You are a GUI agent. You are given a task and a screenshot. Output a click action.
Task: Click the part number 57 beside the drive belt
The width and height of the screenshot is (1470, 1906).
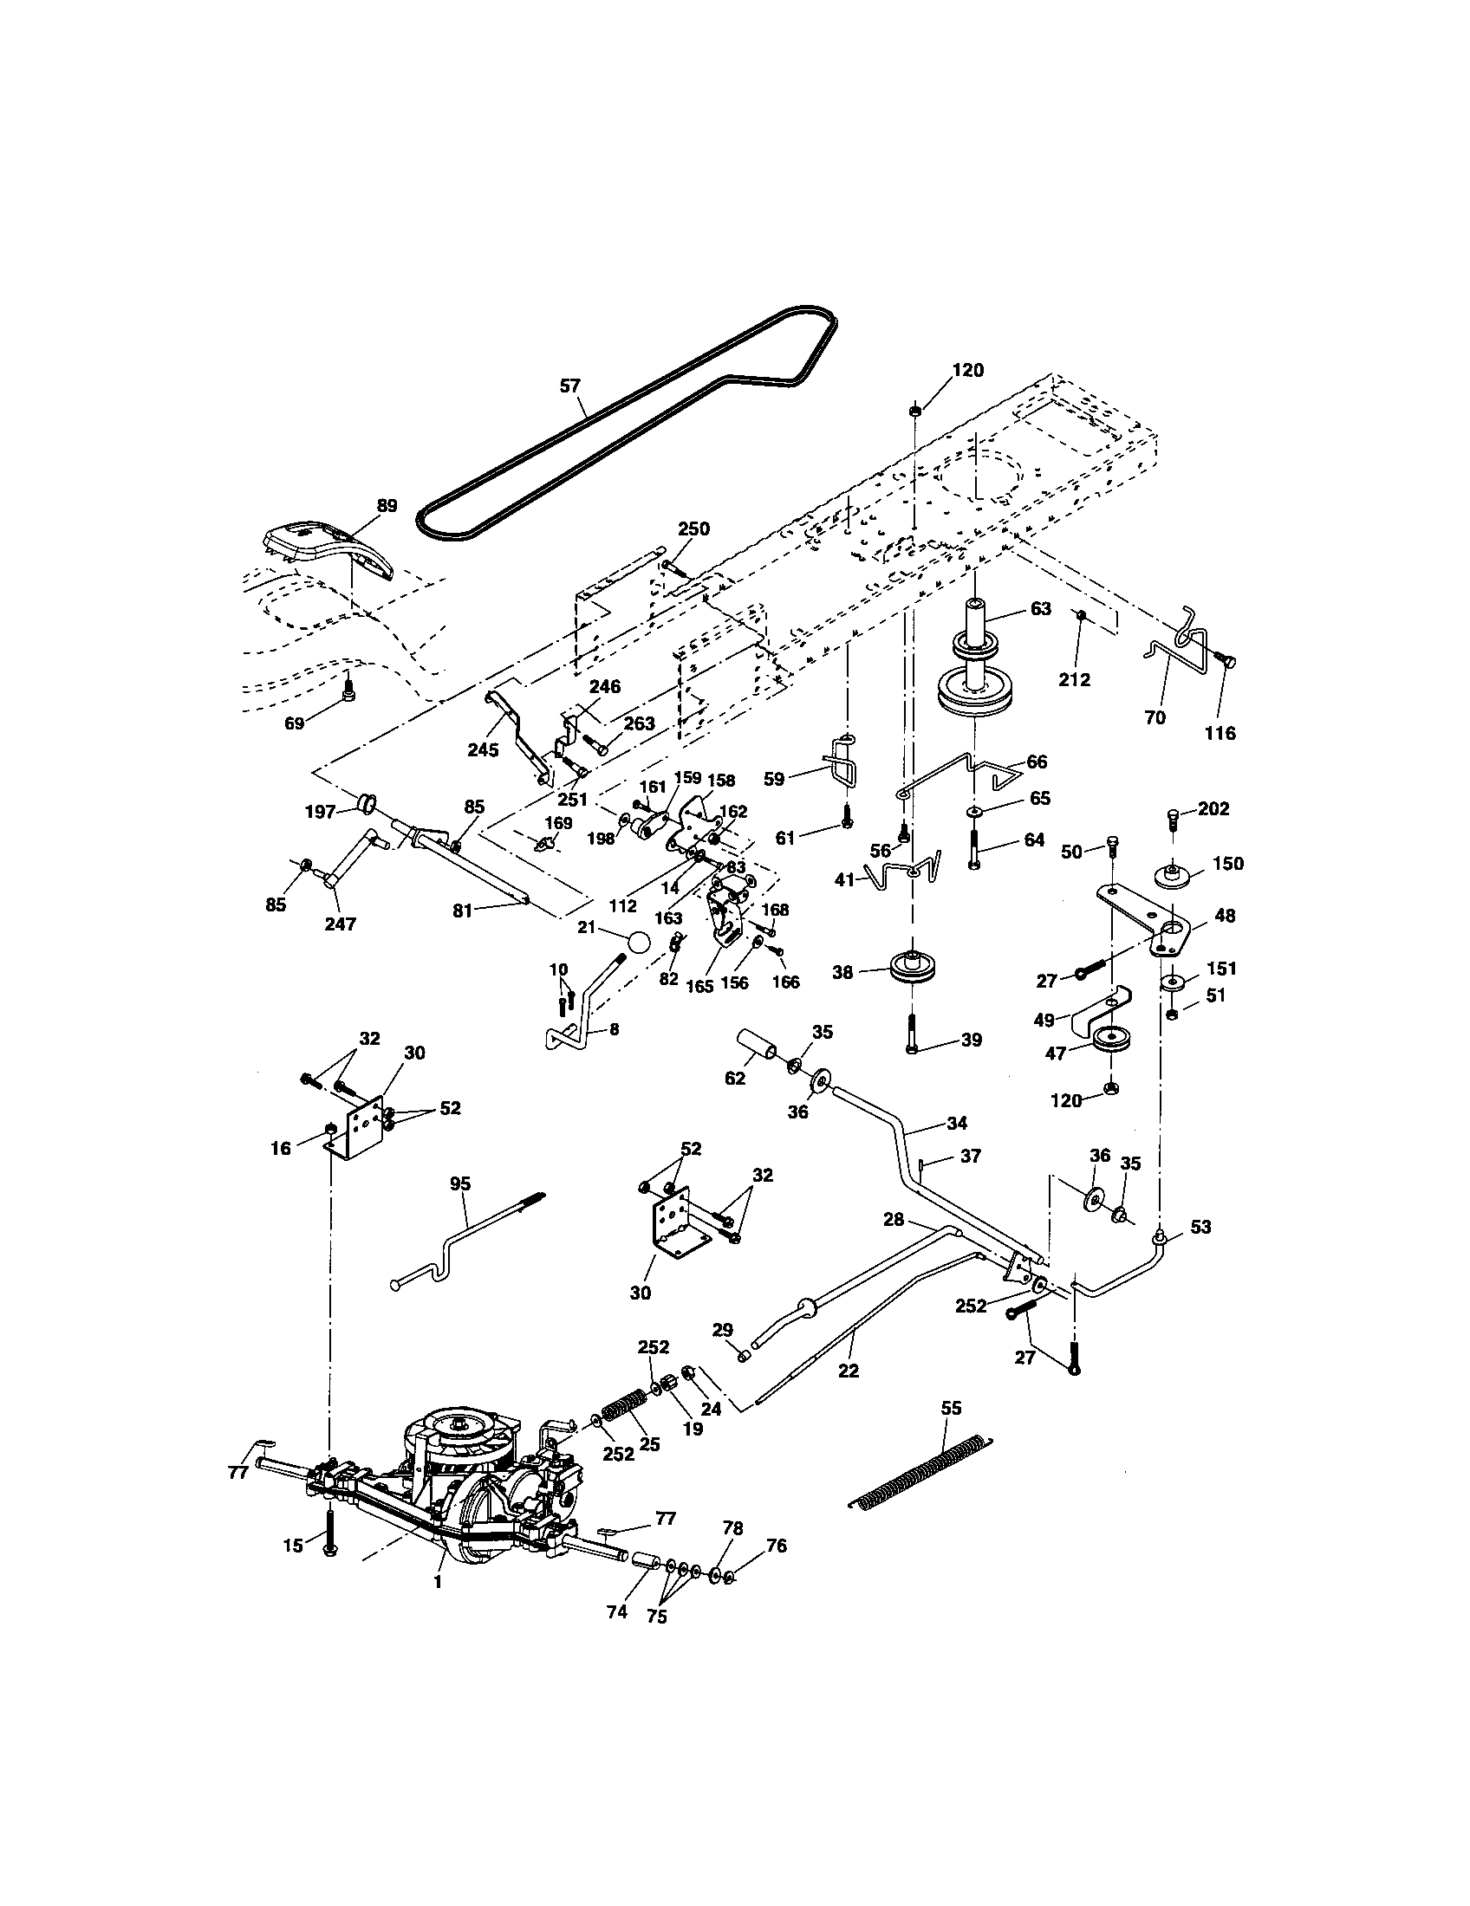[x=570, y=386]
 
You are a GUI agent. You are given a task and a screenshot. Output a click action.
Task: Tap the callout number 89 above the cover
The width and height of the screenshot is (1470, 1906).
[x=387, y=505]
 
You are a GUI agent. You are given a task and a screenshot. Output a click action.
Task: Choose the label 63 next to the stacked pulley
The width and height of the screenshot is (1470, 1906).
[x=1040, y=608]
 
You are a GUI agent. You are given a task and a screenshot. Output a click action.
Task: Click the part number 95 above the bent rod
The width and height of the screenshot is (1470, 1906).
[x=460, y=1183]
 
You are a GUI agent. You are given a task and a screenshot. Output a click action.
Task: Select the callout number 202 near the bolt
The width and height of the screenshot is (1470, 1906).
[x=1213, y=809]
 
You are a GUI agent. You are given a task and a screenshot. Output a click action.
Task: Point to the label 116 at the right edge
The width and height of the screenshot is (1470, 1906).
[x=1220, y=733]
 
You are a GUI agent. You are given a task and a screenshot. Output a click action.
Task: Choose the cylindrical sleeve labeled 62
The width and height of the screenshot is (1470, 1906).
[x=758, y=1044]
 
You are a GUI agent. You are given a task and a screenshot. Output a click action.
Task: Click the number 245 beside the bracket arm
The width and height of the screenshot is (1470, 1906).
[x=483, y=749]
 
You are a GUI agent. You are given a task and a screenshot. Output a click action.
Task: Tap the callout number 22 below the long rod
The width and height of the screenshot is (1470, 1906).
[x=848, y=1371]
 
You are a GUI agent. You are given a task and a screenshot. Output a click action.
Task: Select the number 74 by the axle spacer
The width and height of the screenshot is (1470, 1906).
[x=616, y=1612]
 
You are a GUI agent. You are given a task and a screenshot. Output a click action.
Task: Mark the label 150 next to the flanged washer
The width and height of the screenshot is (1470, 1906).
[x=1228, y=863]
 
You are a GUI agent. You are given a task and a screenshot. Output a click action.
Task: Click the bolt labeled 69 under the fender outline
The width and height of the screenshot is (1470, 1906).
[x=348, y=692]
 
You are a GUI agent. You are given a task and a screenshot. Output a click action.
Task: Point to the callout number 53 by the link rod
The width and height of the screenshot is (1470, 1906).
[x=1201, y=1227]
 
